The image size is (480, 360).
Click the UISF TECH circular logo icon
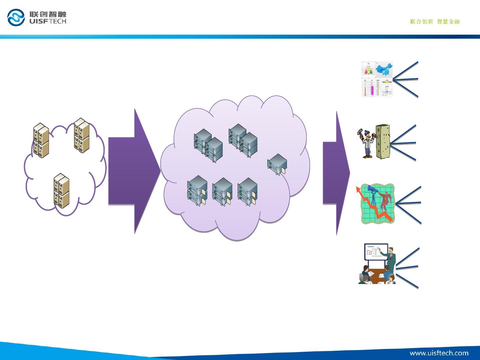[16, 17]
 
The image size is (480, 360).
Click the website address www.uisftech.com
[439, 353]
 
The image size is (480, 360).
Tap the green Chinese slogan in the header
[435, 22]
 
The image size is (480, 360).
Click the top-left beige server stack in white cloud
[41, 140]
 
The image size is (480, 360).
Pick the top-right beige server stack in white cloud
[82, 135]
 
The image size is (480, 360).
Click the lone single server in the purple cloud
[277, 164]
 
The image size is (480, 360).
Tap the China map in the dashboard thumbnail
[384, 70]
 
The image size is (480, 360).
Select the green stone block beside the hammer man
[383, 142]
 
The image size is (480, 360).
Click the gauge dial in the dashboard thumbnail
[369, 71]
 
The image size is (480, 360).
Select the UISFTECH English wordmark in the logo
[48, 21]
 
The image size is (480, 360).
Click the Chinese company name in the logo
[48, 14]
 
